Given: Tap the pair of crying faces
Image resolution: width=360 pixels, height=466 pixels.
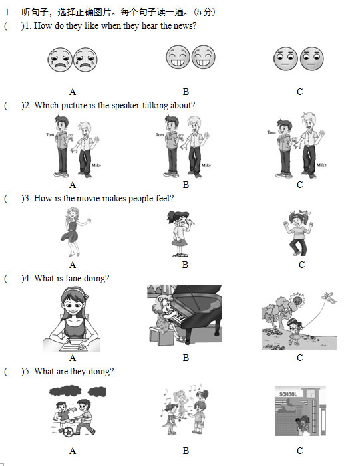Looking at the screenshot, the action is [73, 60].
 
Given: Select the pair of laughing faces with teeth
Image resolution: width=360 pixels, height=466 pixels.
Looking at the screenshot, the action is [190, 57].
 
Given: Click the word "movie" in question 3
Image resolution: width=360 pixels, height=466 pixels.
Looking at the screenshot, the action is [88, 198].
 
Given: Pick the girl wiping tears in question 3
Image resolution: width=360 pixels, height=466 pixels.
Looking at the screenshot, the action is [180, 233].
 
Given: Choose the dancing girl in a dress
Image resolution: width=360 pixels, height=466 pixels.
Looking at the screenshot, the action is [75, 232].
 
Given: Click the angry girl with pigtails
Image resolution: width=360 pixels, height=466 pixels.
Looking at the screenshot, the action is [297, 233].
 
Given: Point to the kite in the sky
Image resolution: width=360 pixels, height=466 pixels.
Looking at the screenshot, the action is [329, 298].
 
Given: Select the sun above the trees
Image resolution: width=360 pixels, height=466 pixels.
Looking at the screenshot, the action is [297, 300].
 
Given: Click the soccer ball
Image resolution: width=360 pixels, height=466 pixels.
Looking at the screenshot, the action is [67, 432].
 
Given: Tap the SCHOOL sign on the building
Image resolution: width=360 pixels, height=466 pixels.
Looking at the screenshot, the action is [288, 394].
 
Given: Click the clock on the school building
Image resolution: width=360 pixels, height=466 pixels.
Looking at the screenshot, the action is [311, 394].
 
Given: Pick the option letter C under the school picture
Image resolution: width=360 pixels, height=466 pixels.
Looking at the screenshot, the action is [299, 451].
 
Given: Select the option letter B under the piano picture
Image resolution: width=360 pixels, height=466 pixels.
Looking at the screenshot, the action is [186, 358].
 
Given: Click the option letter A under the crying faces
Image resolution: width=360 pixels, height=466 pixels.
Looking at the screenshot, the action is [73, 92].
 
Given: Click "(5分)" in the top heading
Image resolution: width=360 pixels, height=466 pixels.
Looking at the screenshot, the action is [204, 12].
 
